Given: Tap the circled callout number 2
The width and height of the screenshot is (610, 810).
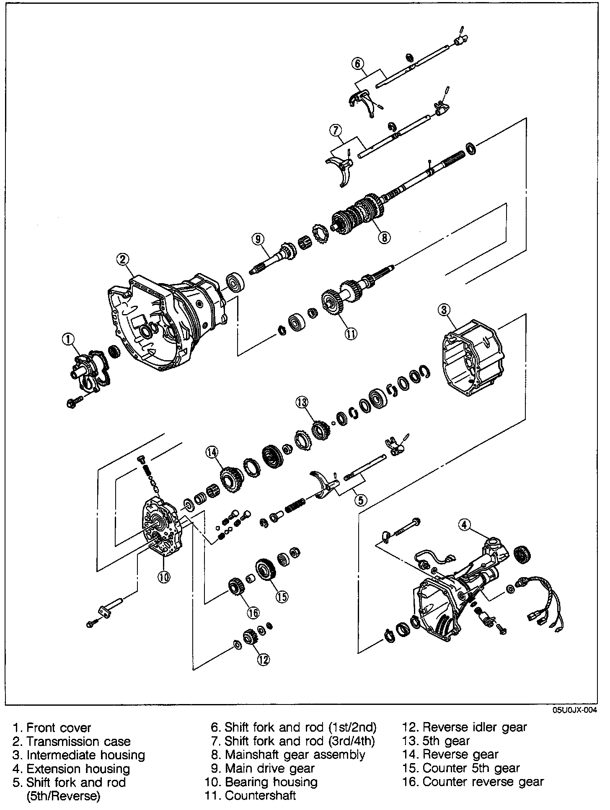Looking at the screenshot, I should click(122, 260).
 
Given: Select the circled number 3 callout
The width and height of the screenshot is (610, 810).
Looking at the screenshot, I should click(444, 310).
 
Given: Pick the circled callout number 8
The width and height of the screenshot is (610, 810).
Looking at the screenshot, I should click(384, 237).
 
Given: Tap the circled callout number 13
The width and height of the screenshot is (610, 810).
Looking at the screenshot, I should click(302, 403).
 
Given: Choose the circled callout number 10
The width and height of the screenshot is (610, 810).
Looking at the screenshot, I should click(164, 577).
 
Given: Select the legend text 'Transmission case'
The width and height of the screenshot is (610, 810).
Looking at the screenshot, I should click(78, 741).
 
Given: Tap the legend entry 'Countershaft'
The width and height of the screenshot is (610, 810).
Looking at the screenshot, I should click(260, 795).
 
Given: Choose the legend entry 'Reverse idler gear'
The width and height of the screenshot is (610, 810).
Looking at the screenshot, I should click(475, 727).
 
